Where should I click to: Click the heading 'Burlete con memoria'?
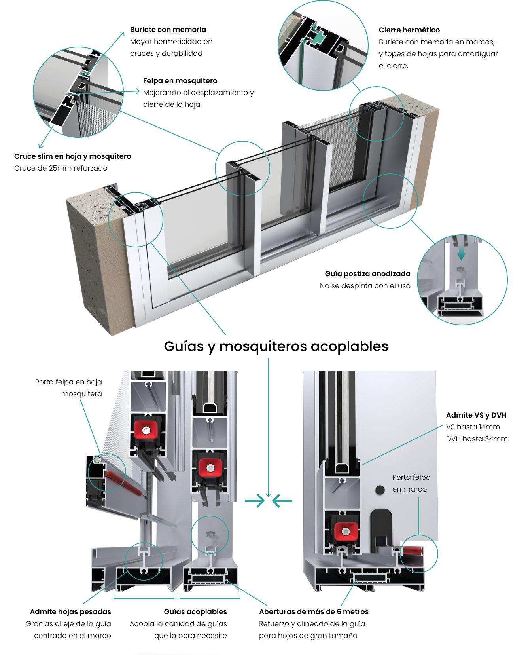coord(168,30)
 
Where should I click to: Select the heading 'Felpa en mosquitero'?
coord(180,81)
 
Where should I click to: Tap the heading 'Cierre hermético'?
coord(409,30)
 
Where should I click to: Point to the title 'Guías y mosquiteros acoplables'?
coord(276,346)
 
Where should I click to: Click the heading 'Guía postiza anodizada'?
coord(367,274)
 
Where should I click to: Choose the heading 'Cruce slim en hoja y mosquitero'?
coord(72,156)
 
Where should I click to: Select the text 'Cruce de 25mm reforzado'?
coord(61,168)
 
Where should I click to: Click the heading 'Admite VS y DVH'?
coord(476,415)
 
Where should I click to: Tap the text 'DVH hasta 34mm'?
coord(477,439)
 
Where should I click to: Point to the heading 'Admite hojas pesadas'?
coord(70,612)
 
